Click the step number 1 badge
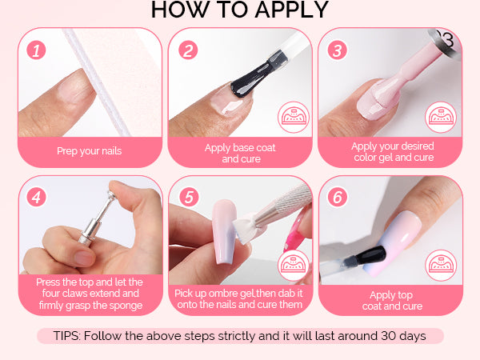coord(36,50)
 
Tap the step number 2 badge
coord(188,50)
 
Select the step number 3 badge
coord(338,50)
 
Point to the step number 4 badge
coord(36,197)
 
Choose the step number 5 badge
coord(189,197)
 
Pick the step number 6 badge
coord(338,197)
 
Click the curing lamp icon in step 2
coord(294,118)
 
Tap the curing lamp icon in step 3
coord(441,118)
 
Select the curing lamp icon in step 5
coord(294,265)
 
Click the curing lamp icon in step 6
coord(441,265)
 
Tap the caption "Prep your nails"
coord(90,151)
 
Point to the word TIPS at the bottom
coord(66,336)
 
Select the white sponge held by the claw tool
coord(245,229)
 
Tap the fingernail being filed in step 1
coord(74,86)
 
